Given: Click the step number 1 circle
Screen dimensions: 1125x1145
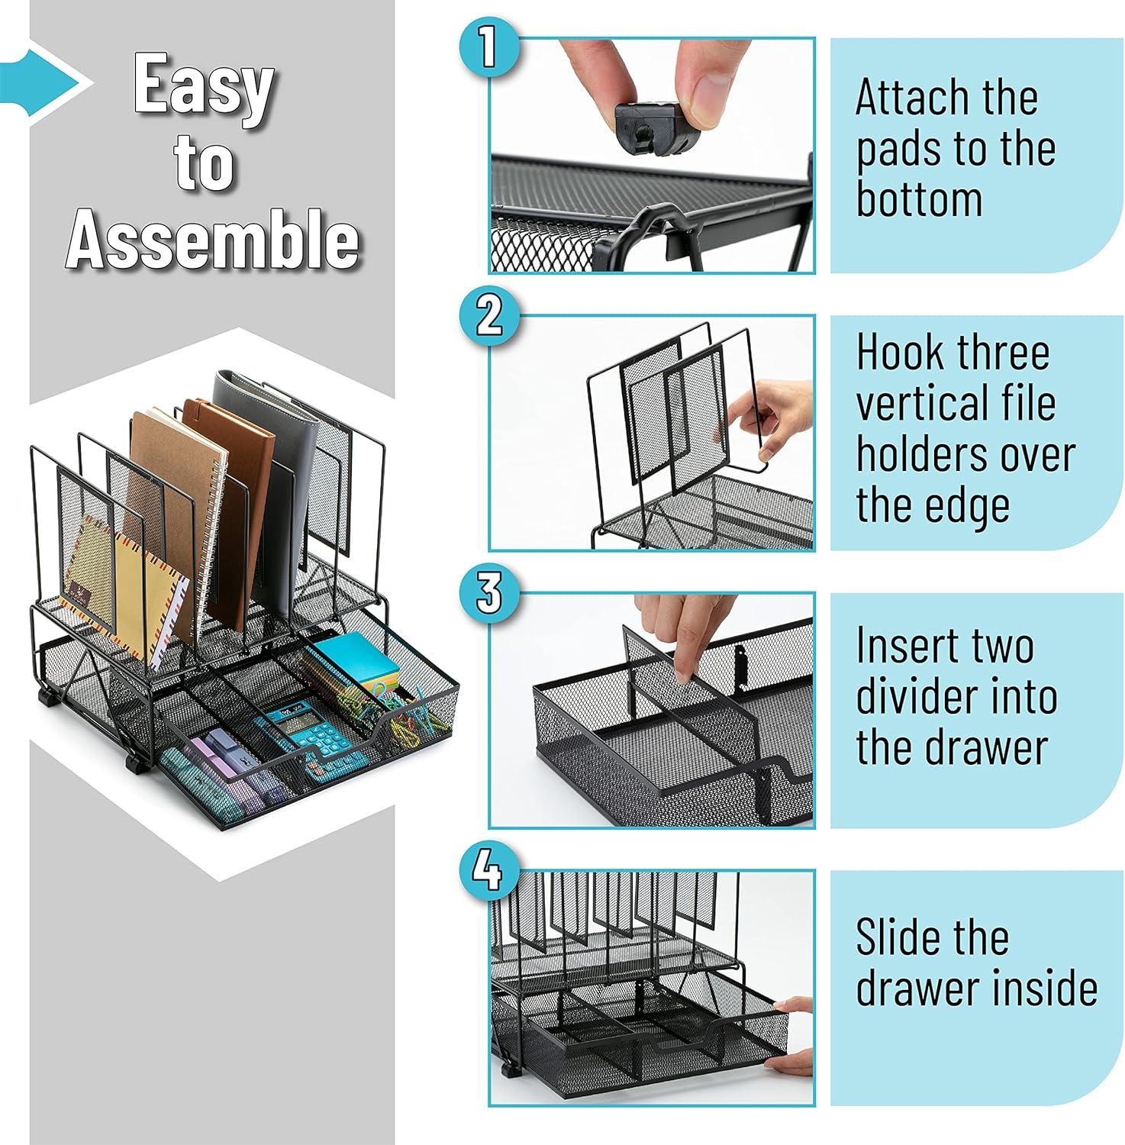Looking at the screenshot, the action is (489, 47).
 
